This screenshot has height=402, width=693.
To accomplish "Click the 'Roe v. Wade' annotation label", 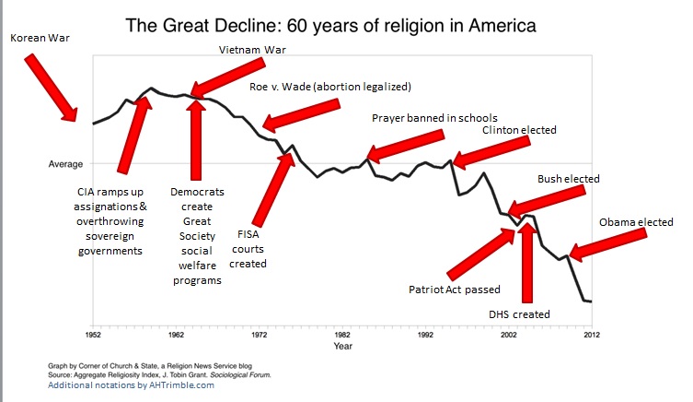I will coord(329,87).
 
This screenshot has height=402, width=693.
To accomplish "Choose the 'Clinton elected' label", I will coord(519,130).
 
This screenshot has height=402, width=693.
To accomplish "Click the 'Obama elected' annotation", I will coord(636,222).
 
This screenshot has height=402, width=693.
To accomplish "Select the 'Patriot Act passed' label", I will coord(454,290).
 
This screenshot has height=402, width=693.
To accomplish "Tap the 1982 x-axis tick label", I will coord(341,334).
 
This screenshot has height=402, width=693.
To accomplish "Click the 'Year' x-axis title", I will coord(342,347).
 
